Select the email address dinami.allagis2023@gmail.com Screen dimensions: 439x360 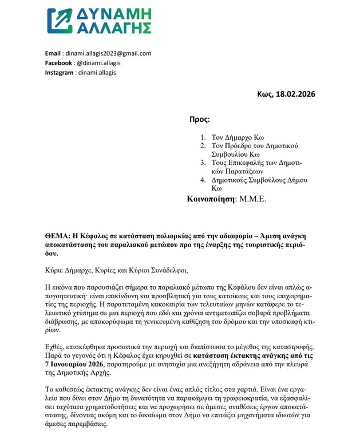[x=109, y=53]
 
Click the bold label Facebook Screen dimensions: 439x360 [x=59, y=63]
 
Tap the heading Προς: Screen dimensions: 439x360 [x=199, y=120]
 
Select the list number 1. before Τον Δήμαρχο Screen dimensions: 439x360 [x=203, y=137]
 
